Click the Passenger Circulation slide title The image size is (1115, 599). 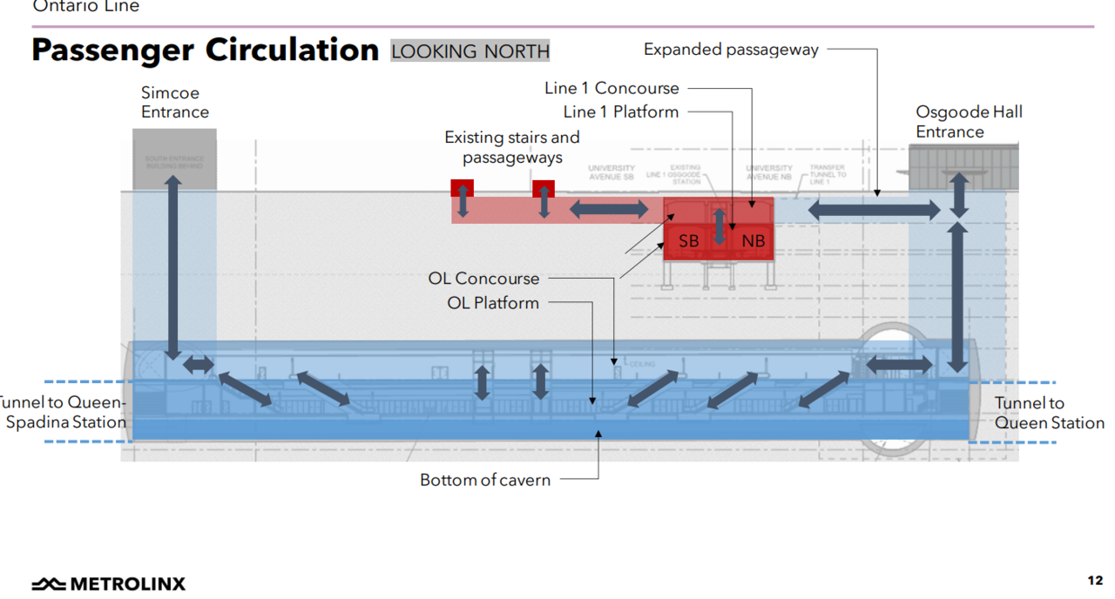(205, 50)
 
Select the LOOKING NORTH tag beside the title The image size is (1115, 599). (470, 51)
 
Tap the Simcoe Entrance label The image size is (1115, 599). (175, 102)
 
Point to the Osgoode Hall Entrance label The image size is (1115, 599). (969, 122)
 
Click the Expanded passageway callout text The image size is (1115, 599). (731, 50)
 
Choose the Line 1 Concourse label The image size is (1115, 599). (612, 88)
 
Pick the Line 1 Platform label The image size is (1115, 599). (620, 111)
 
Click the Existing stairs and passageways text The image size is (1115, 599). (512, 147)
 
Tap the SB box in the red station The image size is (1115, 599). (688, 241)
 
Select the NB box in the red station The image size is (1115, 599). (753, 241)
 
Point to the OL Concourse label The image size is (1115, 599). (483, 279)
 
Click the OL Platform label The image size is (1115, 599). (493, 303)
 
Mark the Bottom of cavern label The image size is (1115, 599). (485, 480)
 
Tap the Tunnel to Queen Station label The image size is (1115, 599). (1049, 413)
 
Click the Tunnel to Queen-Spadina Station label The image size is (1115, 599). (63, 413)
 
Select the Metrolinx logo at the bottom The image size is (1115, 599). (109, 583)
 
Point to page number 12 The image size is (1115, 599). (1095, 581)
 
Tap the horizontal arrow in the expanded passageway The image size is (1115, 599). (875, 210)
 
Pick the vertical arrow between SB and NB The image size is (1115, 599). (720, 225)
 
